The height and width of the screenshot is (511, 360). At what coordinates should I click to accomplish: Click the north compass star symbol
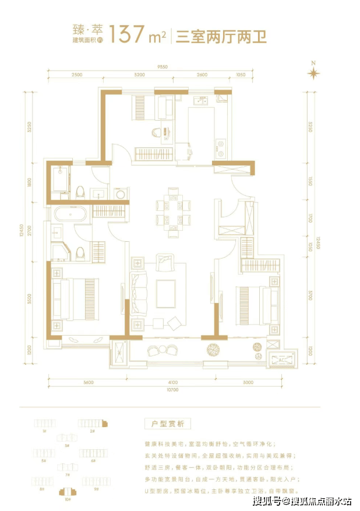pos(314,73)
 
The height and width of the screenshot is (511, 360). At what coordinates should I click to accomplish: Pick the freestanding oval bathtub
pos(70,214)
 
